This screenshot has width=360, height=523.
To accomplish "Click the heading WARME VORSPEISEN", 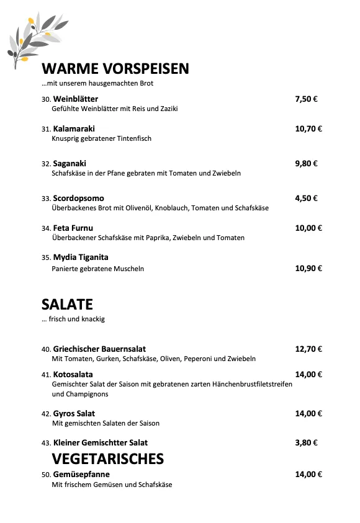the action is click(x=115, y=68).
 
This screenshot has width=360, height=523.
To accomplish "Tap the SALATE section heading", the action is click(x=67, y=304).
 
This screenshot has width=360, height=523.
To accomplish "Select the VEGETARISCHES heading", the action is click(x=108, y=458).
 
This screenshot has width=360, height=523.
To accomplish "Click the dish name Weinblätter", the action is click(x=76, y=99).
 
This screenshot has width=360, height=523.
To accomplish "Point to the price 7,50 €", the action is click(x=306, y=99).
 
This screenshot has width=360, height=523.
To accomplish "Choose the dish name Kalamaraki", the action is click(x=74, y=129).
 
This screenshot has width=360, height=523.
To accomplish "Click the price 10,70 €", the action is click(x=308, y=129).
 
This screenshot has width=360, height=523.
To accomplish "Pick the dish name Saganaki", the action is click(x=70, y=164).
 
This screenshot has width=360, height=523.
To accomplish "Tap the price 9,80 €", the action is click(x=306, y=164).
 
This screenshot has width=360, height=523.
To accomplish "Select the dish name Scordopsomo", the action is click(x=78, y=199).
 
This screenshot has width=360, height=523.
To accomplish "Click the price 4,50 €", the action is click(x=306, y=199).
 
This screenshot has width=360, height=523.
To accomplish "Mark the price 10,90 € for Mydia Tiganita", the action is click(x=308, y=269).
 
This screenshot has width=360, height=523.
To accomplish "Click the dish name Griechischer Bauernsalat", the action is click(x=99, y=349).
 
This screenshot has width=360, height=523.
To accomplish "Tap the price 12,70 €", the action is click(x=308, y=349).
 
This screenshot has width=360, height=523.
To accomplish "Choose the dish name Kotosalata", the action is click(x=73, y=374).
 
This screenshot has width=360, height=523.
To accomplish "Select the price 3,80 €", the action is click(x=306, y=442).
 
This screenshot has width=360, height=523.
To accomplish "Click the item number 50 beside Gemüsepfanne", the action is click(x=46, y=475).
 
